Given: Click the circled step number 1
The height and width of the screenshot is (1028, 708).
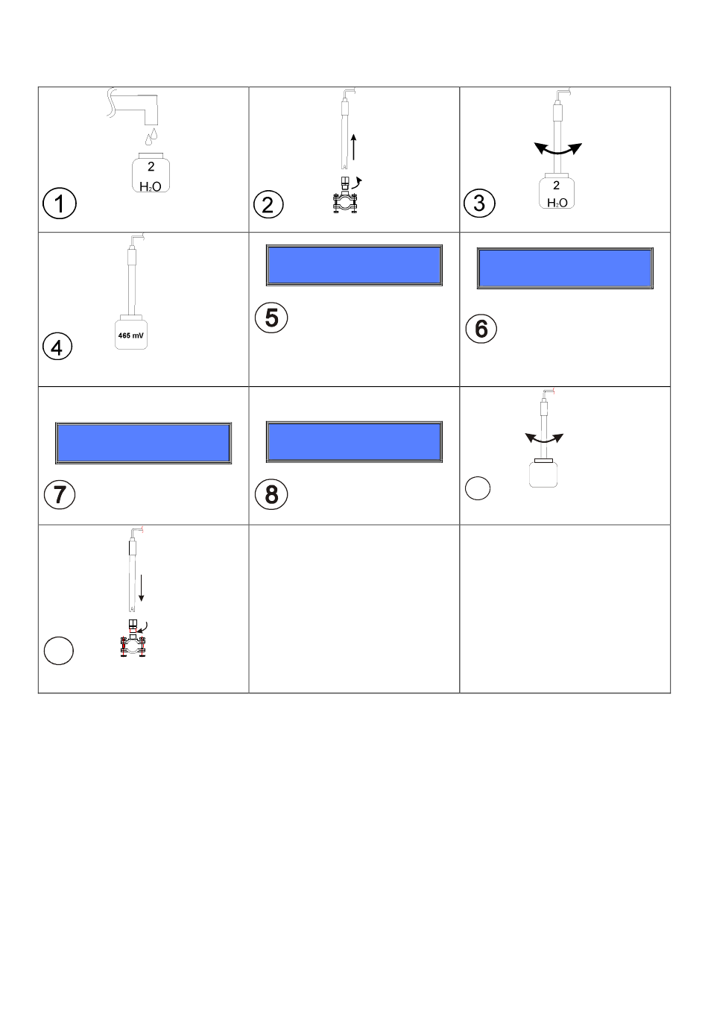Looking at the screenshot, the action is click(59, 204).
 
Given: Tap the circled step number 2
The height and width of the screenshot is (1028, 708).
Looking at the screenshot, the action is click(268, 204).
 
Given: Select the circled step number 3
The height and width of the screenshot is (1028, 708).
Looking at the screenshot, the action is click(479, 203).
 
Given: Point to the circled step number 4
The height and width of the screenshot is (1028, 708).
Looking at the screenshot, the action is click(57, 347).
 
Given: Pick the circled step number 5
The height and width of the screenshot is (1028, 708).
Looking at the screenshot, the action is click(271, 318).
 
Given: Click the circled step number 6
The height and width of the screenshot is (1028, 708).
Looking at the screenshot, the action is click(481, 329).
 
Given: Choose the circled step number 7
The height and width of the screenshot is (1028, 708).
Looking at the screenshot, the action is click(60, 495).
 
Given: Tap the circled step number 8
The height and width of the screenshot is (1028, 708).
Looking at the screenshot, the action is click(271, 494).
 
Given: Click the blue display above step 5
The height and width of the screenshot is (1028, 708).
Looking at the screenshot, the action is click(354, 265).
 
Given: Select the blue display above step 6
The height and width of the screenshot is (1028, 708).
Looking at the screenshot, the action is click(565, 268).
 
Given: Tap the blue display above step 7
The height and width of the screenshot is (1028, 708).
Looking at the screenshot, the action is click(143, 443).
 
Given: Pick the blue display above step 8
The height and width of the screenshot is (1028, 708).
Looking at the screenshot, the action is click(354, 441).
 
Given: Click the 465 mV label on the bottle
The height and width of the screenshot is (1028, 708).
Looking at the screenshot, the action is click(130, 335).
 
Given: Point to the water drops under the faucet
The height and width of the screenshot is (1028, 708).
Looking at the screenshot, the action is click(151, 136).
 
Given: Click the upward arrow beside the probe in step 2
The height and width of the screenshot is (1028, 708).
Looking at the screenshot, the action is click(353, 147).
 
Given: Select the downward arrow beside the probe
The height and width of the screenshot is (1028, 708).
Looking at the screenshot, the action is click(142, 588).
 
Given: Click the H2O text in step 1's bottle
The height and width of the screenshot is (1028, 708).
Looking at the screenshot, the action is click(150, 186).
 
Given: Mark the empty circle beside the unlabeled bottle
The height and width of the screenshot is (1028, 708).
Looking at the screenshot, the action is click(478, 488).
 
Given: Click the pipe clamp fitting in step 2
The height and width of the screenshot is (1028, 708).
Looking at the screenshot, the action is click(345, 195).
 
